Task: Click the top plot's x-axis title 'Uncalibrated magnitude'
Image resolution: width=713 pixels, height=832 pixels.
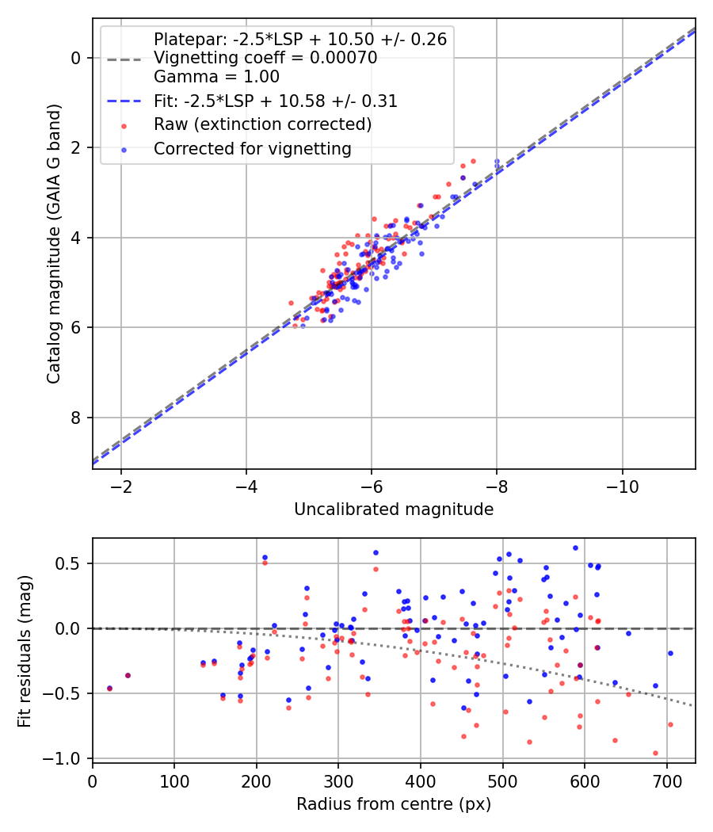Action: point(394,510)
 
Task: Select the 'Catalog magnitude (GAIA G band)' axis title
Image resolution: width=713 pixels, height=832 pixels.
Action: point(54,243)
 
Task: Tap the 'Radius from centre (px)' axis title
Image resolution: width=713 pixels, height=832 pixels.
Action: point(394,804)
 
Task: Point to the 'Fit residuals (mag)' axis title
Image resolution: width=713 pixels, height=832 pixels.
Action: point(25,651)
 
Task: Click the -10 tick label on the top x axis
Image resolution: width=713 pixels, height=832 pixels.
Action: point(622,487)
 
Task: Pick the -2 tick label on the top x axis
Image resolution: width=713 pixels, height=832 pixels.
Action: point(121,487)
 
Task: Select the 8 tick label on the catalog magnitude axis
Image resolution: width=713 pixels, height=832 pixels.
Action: point(76,418)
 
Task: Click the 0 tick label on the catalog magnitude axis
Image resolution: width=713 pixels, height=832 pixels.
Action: point(76,58)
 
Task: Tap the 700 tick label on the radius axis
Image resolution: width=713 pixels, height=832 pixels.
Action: point(666,781)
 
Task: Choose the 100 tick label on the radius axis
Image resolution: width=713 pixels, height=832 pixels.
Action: point(174,781)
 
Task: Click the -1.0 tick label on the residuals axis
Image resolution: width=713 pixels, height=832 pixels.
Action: point(62,759)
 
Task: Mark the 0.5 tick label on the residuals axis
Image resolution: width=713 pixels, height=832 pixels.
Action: point(68,563)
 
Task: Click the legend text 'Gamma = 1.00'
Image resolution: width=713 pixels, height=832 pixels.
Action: point(216,77)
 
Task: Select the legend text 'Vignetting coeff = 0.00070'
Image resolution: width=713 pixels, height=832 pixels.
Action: point(265,58)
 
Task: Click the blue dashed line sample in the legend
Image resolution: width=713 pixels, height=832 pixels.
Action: point(124,101)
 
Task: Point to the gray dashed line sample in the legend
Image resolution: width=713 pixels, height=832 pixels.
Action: point(124,59)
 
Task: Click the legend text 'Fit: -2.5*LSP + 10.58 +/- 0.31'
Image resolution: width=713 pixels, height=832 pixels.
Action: point(276,101)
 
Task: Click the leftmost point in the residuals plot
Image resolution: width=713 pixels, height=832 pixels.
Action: point(110,689)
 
